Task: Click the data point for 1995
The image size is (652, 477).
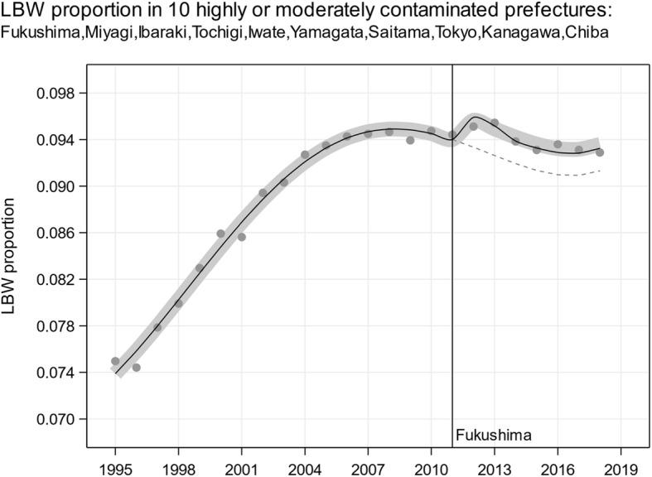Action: click(x=115, y=361)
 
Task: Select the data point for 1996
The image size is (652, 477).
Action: click(x=137, y=368)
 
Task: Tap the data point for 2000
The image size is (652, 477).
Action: click(x=220, y=234)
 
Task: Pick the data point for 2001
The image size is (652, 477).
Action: click(x=242, y=237)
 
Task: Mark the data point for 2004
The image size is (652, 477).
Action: click(x=305, y=154)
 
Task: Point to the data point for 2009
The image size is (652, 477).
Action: click(x=410, y=141)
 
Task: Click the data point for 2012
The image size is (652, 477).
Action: click(x=474, y=127)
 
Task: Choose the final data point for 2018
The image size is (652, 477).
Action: click(x=600, y=152)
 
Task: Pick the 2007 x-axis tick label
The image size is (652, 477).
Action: click(x=368, y=456)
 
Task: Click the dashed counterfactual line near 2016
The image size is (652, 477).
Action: click(x=558, y=175)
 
